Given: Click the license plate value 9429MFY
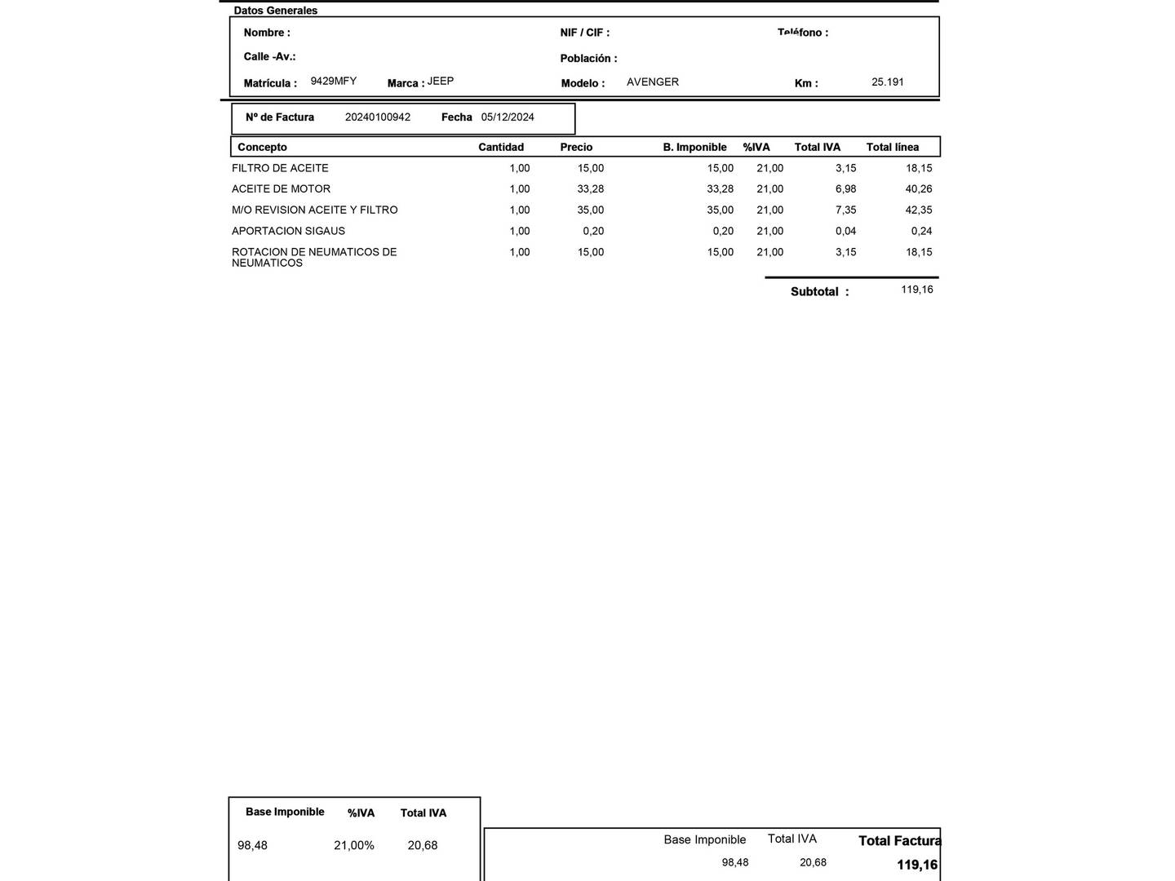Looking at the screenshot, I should pos(333,82).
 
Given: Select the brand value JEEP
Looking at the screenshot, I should pos(441,82).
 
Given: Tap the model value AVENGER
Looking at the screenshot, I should pos(653,82).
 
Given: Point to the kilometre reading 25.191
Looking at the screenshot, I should pos(888,82).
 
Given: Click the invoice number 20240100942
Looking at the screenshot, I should pos(378,117).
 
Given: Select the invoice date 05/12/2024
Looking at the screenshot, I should pos(508,117).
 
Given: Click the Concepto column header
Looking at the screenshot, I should pos(262,148).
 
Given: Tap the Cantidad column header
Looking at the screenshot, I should pos(501,148).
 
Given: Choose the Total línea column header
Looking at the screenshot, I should pos(893,148).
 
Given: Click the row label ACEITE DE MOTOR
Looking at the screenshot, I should pos(281,189).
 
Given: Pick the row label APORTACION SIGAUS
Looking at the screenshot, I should pos(288,232).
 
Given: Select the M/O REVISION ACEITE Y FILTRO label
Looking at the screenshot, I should pos(315,210).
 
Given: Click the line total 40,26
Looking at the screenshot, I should pos(919,189).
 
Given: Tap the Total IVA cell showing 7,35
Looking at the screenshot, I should pos(845,210).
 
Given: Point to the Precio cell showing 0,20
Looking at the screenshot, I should pos(593,232).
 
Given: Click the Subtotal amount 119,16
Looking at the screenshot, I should pos(917,290).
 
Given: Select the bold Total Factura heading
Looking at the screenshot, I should pos(899,841).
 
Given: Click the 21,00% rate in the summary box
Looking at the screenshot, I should pos(354,846).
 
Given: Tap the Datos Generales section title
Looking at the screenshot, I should pos(276,11).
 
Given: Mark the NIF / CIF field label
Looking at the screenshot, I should pos(584,33).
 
